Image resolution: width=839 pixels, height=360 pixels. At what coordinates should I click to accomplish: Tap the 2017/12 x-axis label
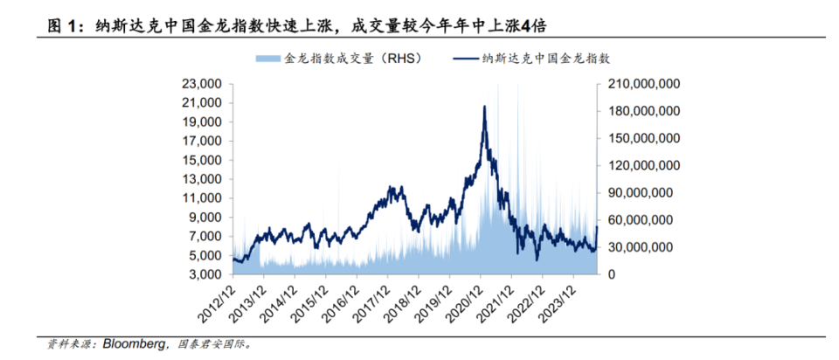[x=375, y=302]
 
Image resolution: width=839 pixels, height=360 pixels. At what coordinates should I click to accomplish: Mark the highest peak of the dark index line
[x=484, y=107]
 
